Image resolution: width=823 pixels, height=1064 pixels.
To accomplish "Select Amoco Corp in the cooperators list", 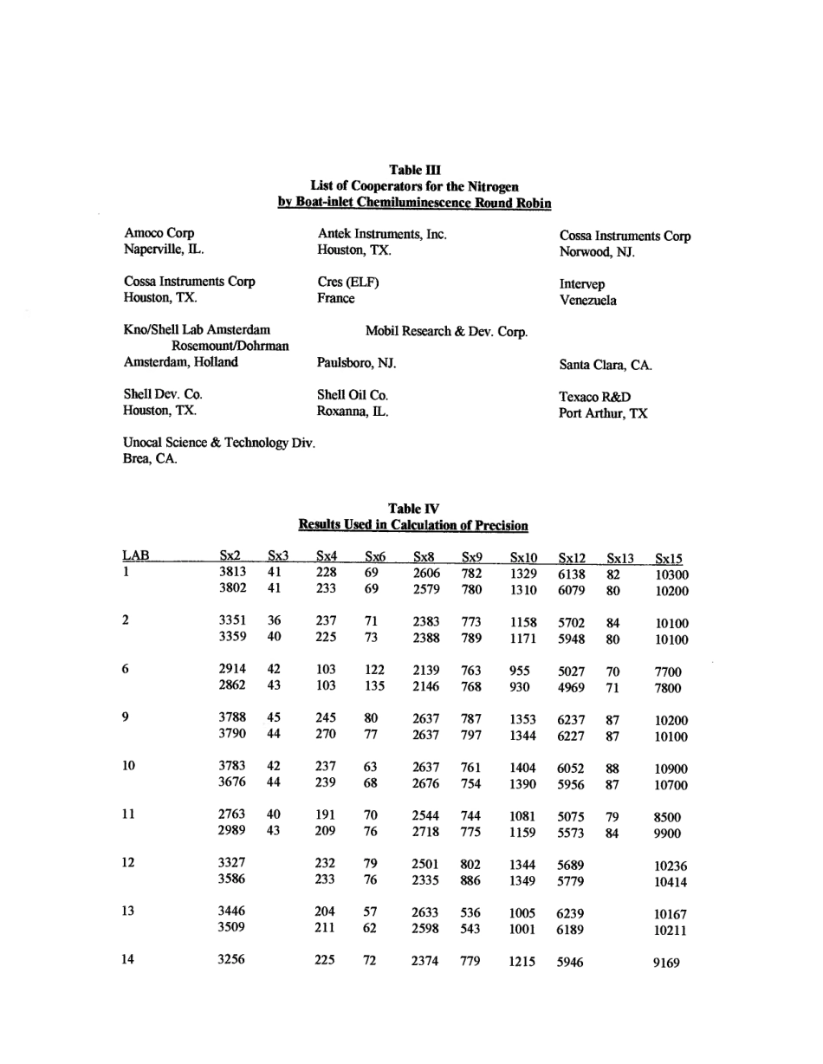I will tap(159, 233).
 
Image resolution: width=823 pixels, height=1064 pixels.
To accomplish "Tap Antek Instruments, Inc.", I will tap(382, 234).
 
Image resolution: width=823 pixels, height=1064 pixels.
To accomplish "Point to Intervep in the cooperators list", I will tap(582, 284).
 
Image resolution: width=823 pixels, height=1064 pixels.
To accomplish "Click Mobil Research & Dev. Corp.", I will tap(446, 331).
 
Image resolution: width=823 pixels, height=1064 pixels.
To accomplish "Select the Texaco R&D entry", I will tap(595, 397).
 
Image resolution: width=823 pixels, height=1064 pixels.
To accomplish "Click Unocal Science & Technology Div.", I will tap(220, 443).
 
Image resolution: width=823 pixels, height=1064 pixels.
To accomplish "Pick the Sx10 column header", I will tap(523, 559).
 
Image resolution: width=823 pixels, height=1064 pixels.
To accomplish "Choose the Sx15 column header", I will tap(669, 559).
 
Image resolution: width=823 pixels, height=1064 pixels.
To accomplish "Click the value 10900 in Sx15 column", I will tap(671, 769).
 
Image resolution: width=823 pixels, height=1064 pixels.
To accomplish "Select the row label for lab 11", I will tap(128, 814).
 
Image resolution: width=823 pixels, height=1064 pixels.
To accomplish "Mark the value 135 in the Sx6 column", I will tap(374, 686).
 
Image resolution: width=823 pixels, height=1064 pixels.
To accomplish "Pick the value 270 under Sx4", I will tap(325, 735).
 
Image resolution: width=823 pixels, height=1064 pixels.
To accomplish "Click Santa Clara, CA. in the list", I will tap(606, 366).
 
